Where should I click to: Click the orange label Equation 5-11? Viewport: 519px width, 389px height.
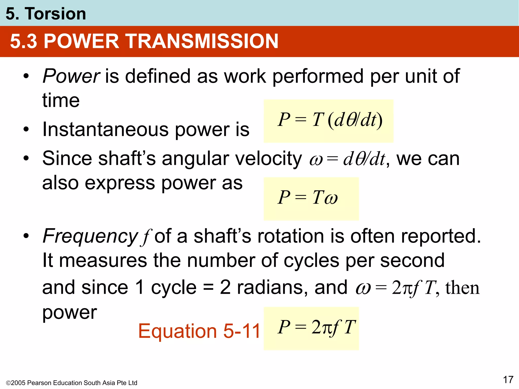tap(199, 331)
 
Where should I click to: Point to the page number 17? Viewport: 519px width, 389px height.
tap(508, 380)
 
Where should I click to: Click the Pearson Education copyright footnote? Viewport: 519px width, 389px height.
tap(71, 383)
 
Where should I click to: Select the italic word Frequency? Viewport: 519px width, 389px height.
tap(90, 236)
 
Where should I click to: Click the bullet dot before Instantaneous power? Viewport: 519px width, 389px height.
tap(26, 129)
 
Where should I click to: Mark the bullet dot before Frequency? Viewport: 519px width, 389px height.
tap(26, 236)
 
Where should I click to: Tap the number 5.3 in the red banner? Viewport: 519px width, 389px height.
tap(23, 41)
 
